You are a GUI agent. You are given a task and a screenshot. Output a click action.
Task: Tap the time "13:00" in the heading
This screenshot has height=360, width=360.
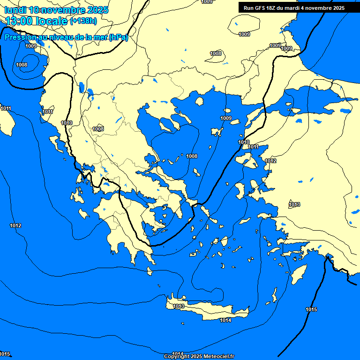(19, 21)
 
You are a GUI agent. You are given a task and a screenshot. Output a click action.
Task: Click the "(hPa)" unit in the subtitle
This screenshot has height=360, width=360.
(118, 37)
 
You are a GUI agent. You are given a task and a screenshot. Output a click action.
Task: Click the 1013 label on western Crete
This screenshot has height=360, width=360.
(178, 307)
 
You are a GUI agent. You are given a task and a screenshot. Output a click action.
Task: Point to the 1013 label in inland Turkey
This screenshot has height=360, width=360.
(294, 204)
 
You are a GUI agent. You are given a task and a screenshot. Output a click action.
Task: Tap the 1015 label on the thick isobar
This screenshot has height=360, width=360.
(311, 309)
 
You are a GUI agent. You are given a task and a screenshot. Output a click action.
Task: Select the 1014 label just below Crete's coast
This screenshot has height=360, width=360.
(225, 320)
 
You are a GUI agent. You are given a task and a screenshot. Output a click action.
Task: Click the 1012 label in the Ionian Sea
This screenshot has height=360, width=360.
(15, 225)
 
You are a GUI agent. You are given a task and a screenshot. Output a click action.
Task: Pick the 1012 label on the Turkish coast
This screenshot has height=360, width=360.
(270, 161)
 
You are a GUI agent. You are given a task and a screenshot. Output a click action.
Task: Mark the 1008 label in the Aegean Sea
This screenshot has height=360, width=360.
(192, 156)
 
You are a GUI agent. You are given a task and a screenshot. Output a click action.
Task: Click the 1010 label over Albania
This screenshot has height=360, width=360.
(67, 123)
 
